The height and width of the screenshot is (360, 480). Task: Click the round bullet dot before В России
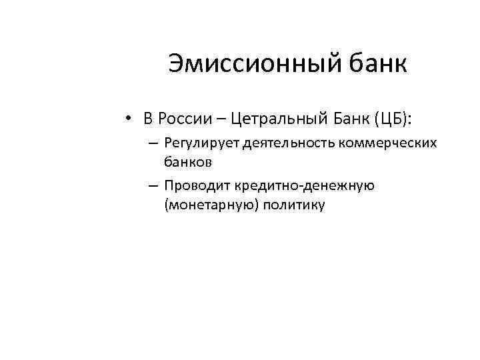click(127, 120)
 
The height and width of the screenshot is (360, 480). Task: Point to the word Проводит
click(196, 185)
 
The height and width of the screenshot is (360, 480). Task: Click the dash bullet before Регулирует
click(154, 144)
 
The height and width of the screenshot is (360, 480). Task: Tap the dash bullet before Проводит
click(154, 186)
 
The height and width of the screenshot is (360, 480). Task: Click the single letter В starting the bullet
click(148, 119)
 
